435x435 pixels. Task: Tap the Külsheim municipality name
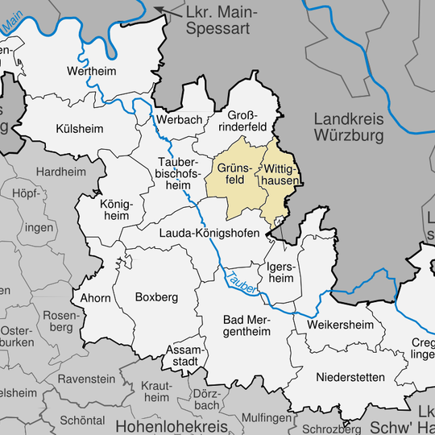81,128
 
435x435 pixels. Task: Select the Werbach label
180,120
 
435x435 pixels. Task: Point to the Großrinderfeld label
243,122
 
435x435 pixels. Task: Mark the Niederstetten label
350,377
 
